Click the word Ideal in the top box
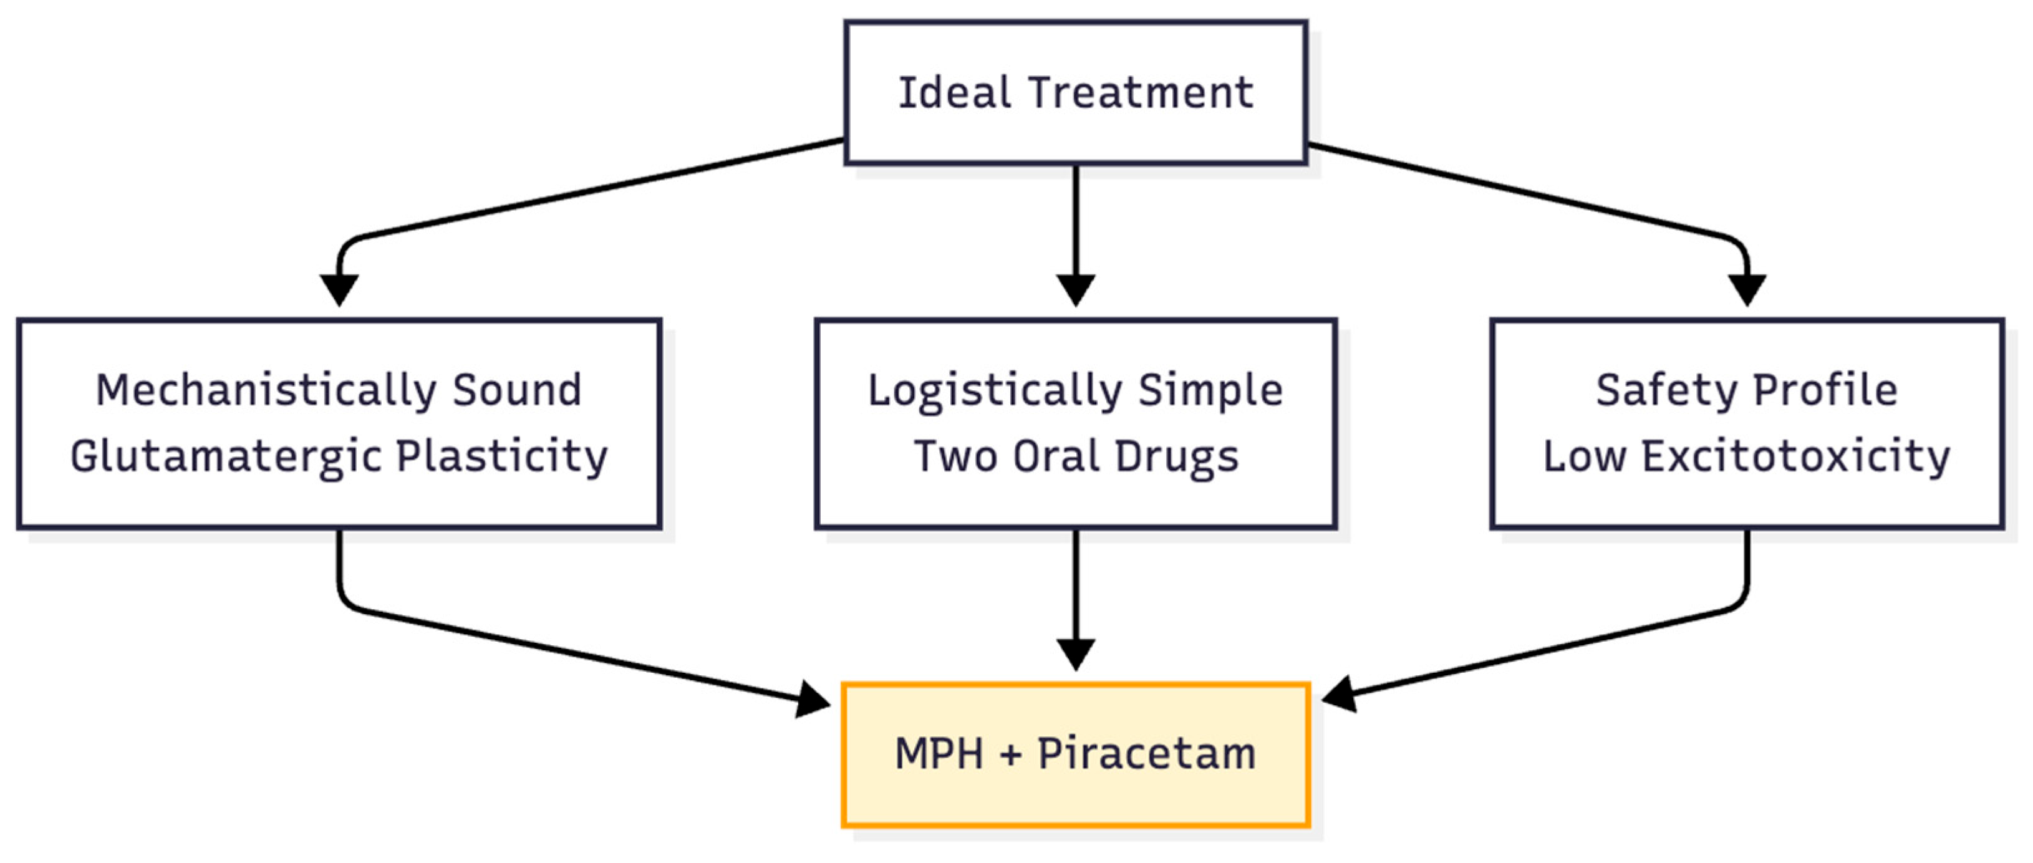[x=955, y=93]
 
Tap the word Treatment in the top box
[x=1141, y=93]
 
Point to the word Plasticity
[x=502, y=456]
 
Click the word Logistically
[x=995, y=391]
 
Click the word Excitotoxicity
[x=1795, y=456]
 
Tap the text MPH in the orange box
[x=939, y=754]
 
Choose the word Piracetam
[x=1146, y=754]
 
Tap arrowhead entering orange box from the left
[x=813, y=699]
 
